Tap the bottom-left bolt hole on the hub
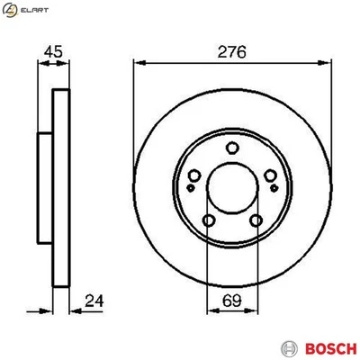pos(208,220)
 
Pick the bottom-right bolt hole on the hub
pos(256,220)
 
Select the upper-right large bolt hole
pos(270,175)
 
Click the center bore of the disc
pos(231,191)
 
